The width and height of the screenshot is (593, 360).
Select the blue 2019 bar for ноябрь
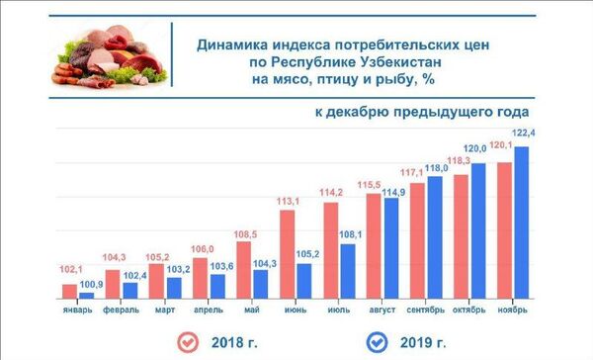pyautogui.click(x=521, y=224)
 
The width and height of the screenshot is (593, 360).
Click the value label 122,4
pyautogui.click(x=524, y=133)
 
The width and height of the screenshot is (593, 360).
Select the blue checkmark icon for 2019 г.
pyautogui.click(x=377, y=342)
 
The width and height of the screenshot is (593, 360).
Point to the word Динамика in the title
pyautogui.click(x=227, y=44)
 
